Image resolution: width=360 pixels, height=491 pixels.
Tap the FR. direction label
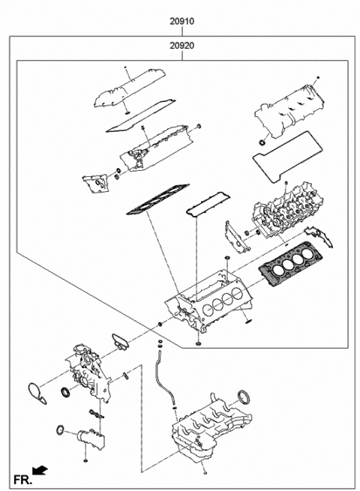(20, 477)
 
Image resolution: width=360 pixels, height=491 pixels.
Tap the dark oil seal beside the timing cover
(65, 393)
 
